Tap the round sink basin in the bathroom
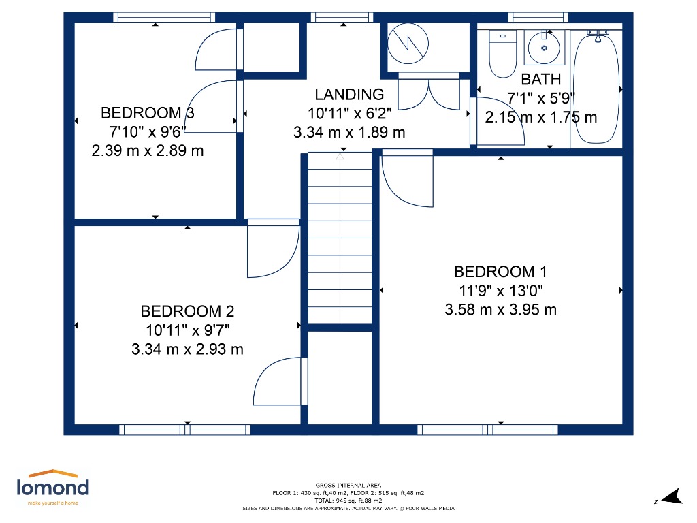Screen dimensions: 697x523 [544, 48]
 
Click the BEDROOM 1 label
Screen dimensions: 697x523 [500, 271]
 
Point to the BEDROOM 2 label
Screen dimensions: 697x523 [187, 311]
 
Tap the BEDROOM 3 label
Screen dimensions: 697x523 [148, 113]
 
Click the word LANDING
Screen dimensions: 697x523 [349, 94]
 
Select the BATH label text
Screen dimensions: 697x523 [541, 79]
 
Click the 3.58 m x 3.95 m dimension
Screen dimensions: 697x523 [500, 310]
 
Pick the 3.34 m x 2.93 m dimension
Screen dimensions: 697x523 [187, 349]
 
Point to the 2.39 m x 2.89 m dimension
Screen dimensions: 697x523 [148, 150]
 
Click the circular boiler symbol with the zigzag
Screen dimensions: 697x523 [408, 44]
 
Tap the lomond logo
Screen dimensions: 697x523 [53, 487]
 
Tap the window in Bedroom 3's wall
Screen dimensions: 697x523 [164, 17]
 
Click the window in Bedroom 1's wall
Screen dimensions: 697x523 [487, 430]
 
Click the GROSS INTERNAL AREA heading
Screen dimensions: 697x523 [348, 485]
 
